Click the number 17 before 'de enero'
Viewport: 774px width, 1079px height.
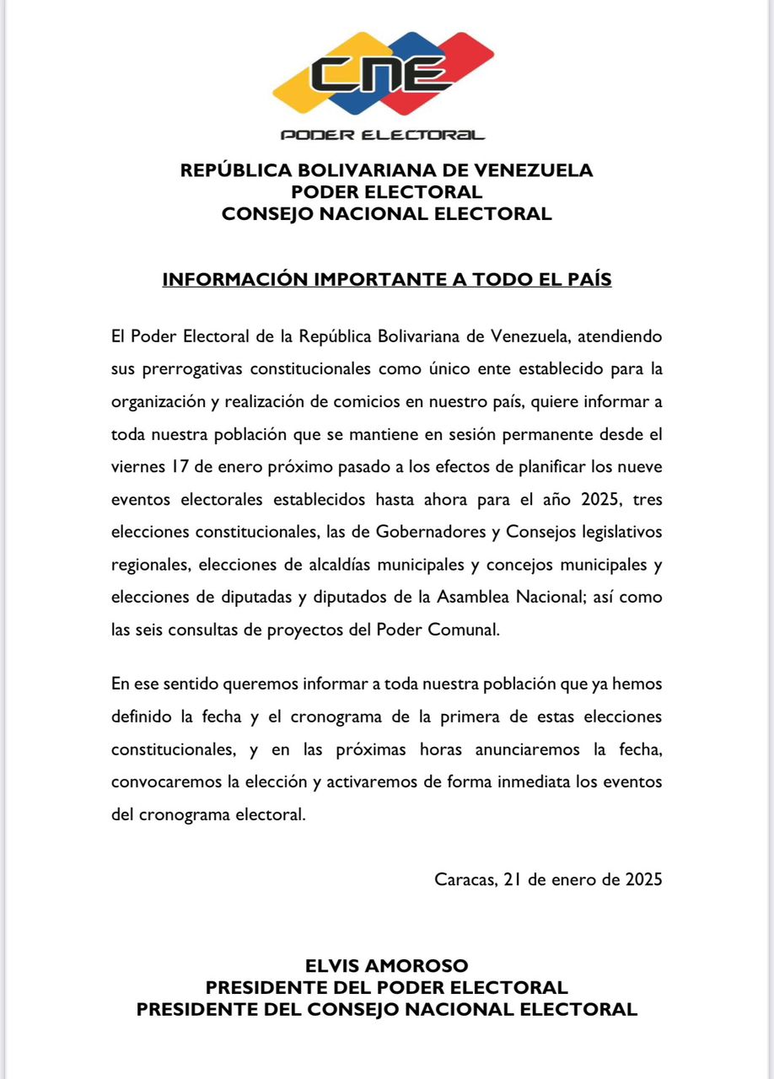click(x=166, y=467)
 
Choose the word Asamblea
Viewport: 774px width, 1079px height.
click(x=477, y=598)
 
